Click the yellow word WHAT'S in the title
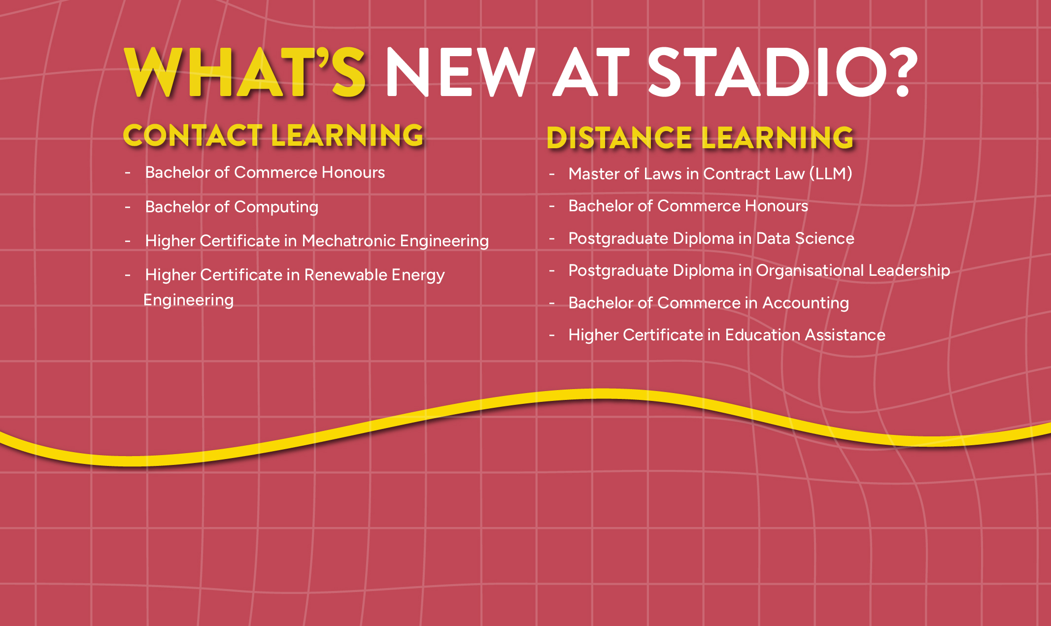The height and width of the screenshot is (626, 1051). click(x=244, y=72)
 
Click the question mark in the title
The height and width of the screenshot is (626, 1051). click(x=905, y=72)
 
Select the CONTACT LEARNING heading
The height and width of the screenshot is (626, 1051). click(x=273, y=135)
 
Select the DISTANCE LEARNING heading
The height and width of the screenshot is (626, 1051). click(x=700, y=137)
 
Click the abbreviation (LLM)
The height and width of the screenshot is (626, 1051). click(x=831, y=174)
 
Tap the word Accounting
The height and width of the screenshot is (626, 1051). click(x=806, y=303)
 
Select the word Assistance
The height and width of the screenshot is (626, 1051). click(x=846, y=335)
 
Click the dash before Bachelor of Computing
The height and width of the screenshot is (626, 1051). click(x=128, y=207)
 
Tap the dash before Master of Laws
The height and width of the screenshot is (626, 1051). click(x=552, y=174)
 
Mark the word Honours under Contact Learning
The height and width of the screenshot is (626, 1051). click(x=353, y=172)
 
